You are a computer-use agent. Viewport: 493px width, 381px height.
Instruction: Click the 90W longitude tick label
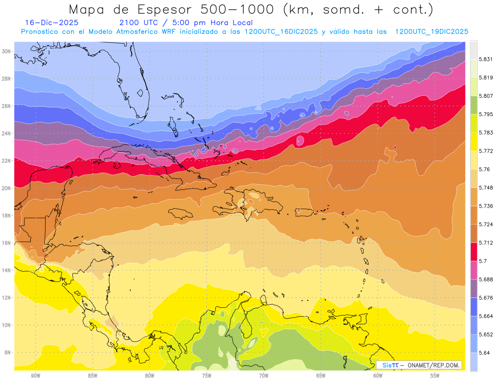click(35, 376)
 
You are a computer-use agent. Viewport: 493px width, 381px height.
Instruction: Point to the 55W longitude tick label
click(435, 376)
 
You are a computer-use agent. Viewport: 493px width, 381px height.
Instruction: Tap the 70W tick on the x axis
click(263, 376)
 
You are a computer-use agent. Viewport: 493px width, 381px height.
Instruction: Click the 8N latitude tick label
click(7, 352)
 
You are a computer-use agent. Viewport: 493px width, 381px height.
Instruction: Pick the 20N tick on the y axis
click(7, 188)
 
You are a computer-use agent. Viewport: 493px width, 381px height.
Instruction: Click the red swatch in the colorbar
click(474, 252)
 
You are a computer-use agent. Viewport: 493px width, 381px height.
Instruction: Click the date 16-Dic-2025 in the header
click(52, 23)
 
